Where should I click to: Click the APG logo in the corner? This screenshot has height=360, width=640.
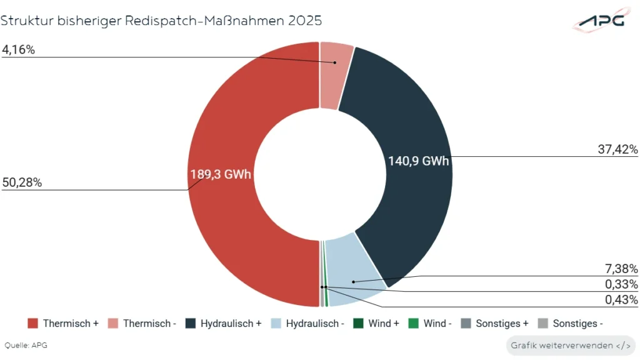599,21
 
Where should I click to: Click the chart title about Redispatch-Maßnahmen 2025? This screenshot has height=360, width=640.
161,21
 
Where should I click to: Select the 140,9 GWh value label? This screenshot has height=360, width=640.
419,161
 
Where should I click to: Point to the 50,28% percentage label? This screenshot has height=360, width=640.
21,182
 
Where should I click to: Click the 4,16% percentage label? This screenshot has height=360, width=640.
18,50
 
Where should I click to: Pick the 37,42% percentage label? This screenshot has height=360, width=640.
619,149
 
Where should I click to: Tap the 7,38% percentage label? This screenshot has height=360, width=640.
621,269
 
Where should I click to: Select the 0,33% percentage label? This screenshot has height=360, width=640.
621,284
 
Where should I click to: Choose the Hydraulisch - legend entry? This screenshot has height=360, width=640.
307,324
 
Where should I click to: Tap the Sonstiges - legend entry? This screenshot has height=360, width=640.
570,324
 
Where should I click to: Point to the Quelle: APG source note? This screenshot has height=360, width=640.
26,345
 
